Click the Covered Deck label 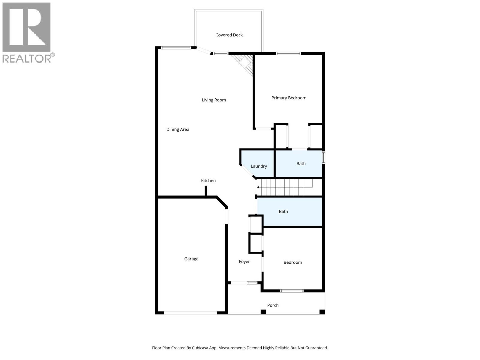(229, 35)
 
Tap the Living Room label (214, 100)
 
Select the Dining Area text (178, 129)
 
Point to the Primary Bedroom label (289, 98)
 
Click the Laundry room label (259, 166)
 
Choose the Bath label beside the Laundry (301, 163)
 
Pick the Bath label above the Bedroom (283, 211)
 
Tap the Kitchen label (208, 181)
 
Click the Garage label (191, 259)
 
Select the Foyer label (244, 262)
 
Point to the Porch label (273, 305)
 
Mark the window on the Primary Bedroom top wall (288, 53)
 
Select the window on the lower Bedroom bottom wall (292, 291)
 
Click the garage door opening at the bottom (190, 313)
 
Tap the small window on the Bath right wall (324, 157)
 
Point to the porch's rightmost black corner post (322, 312)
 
